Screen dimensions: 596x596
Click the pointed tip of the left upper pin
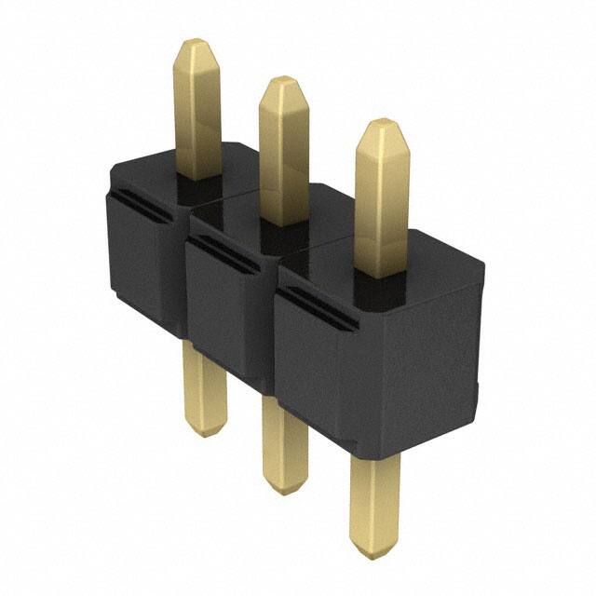point(198,45)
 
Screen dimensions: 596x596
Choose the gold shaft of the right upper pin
point(382,205)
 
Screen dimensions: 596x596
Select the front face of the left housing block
point(140,270)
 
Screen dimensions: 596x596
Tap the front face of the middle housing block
point(228,307)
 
